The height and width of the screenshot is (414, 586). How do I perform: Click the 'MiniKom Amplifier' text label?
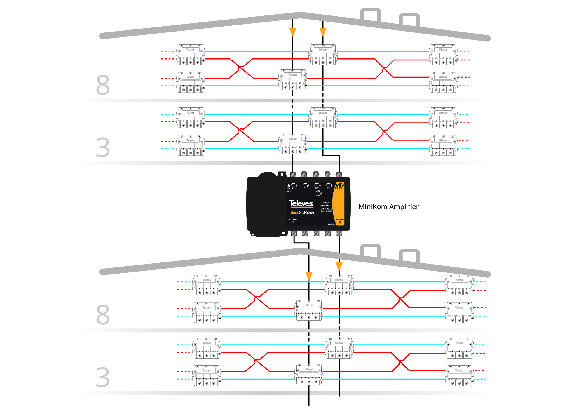click(388, 207)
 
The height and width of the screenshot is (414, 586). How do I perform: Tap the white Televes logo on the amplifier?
click(301, 203)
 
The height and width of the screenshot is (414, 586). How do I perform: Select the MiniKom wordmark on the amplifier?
click(305, 213)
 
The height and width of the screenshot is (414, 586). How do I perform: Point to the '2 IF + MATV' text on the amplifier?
click(326, 209)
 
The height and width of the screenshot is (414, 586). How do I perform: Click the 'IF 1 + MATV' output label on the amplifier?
click(293, 220)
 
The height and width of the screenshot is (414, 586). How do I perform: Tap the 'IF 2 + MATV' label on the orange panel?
click(340, 220)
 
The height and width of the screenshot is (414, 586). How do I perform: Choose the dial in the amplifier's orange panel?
click(340, 185)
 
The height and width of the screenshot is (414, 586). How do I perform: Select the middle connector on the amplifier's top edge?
click(316, 174)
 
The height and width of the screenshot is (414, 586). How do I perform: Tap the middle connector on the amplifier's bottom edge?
click(316, 233)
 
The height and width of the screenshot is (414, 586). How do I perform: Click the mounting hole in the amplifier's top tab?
click(282, 175)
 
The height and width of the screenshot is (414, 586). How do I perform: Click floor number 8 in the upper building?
click(103, 85)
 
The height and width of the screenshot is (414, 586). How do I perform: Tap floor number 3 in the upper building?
click(103, 148)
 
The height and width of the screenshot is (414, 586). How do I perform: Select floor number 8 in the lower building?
click(103, 315)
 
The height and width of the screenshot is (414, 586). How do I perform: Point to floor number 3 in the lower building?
click(103, 377)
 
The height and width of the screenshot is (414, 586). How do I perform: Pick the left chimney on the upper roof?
click(371, 15)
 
